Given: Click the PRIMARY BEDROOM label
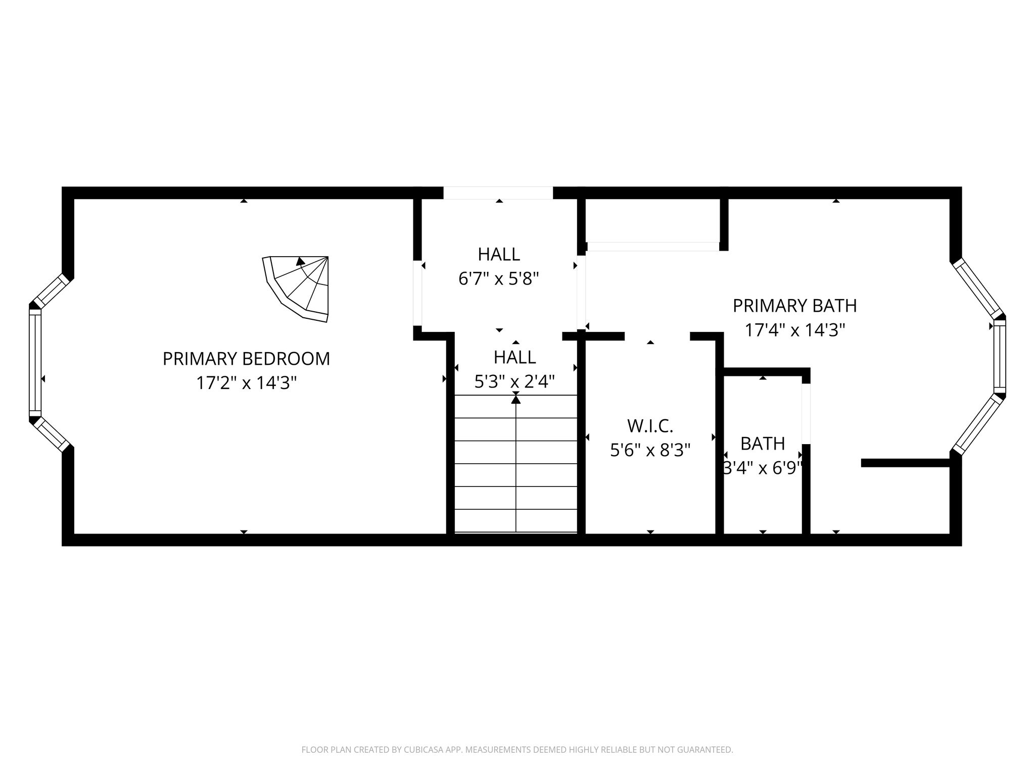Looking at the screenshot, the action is tap(246, 359).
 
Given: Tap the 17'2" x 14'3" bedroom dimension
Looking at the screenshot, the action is tap(246, 383).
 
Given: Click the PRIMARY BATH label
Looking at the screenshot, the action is tap(795, 306).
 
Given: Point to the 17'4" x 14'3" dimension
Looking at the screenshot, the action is tap(795, 330).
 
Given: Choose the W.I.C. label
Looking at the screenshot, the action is tap(650, 426).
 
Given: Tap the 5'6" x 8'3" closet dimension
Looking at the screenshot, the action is tap(650, 450).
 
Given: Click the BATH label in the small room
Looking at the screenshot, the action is tap(763, 444).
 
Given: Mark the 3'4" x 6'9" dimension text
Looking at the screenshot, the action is tap(763, 468).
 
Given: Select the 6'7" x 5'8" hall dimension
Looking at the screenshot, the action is tap(499, 278).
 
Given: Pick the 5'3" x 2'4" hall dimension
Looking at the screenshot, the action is tap(515, 381).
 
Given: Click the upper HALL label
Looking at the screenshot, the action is tap(499, 254).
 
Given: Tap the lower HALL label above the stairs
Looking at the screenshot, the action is tap(515, 357).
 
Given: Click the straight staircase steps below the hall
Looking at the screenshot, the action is tap(516, 464).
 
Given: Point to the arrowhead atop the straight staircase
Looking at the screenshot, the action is tap(516, 399).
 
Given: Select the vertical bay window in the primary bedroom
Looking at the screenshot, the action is tap(35, 362).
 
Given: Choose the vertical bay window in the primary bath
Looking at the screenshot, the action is tap(1000, 356).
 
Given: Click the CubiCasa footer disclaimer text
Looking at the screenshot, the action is tap(517, 750).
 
